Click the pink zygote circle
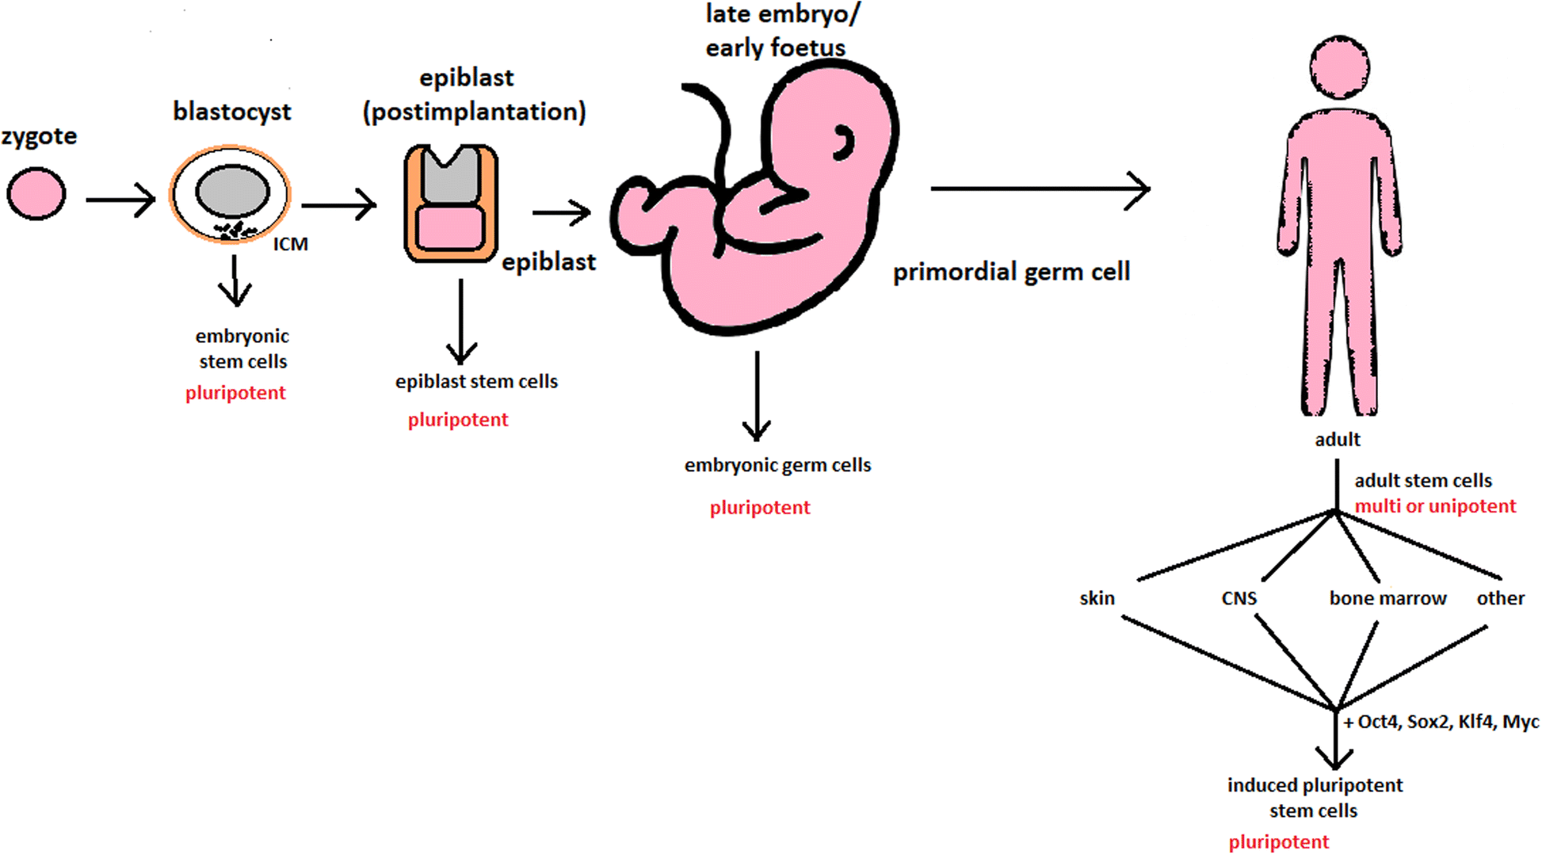point(36,193)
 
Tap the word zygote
point(39,136)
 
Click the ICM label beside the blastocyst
point(290,245)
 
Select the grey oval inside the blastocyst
point(232,191)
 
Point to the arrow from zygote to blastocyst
point(120,200)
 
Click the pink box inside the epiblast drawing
point(450,228)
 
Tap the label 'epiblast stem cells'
point(476,381)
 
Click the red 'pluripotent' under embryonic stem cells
point(235,393)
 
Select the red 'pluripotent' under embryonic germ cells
point(759,508)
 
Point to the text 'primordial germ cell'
point(1011,272)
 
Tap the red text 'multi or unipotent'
point(1434,506)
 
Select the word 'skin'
point(1097,598)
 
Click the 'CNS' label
point(1239,598)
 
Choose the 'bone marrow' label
point(1387,598)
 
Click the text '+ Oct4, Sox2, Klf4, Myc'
point(1441,722)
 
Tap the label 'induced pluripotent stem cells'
point(1315,797)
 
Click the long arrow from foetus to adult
point(1038,189)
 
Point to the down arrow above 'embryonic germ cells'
point(757,396)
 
